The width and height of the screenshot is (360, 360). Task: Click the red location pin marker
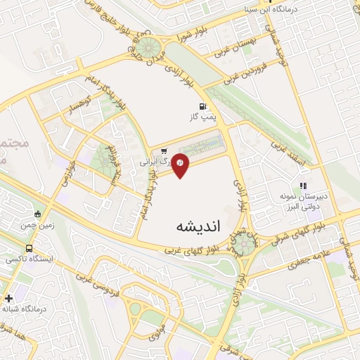[180, 164]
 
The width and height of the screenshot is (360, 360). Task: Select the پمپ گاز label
[201, 117]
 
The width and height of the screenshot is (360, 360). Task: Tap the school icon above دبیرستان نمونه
[303, 187]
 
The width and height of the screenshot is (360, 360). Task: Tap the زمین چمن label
[37, 225]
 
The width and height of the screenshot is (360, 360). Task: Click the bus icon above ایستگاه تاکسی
[29, 248]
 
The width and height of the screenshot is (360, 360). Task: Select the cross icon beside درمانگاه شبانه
[8, 298]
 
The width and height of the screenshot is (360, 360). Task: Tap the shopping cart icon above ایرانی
[163, 150]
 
